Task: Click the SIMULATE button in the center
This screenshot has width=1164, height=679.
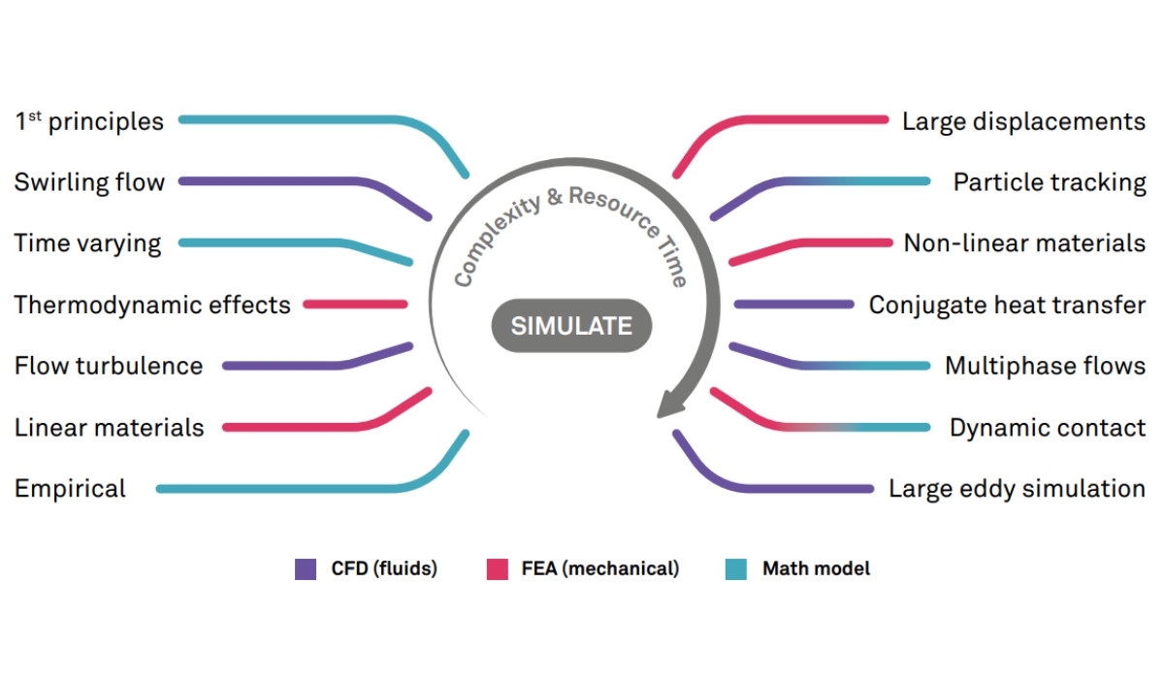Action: coord(570,326)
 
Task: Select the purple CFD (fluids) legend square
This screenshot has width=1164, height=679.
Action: coord(306,569)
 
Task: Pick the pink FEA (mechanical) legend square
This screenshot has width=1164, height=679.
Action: coord(498,569)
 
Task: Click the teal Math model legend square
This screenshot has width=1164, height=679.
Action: coord(736,569)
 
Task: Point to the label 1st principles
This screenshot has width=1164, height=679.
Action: coord(89,121)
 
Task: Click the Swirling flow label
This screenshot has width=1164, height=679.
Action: coord(89,182)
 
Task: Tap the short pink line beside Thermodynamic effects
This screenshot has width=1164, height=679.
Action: coord(355,305)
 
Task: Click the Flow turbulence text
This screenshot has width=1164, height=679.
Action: coord(109,366)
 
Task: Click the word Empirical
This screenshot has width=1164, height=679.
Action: coord(70,488)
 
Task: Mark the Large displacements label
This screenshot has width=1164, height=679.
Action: coord(1023,121)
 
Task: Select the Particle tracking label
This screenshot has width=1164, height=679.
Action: coord(1050,182)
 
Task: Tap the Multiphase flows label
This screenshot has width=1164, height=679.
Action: coord(1045,366)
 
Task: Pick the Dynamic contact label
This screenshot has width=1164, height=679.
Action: coord(1048,427)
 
